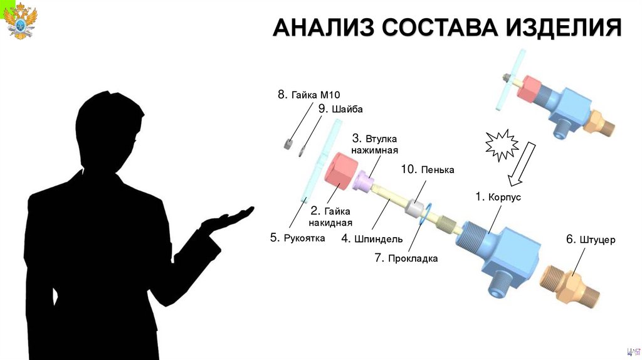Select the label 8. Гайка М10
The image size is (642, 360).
tap(308, 95)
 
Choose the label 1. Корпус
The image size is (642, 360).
tap(498, 197)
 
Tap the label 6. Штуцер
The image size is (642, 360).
tap(591, 240)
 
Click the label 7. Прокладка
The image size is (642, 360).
tap(406, 258)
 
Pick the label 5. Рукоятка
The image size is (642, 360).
tap(297, 238)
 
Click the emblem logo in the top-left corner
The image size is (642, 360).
tap(20, 20)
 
